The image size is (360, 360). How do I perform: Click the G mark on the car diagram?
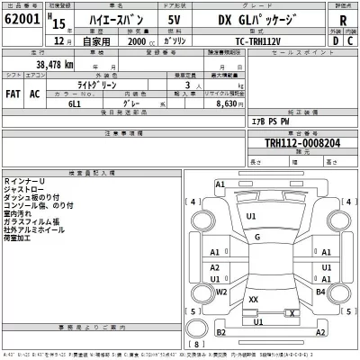(x=257, y=238)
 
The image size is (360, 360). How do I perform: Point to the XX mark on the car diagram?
(x=254, y=299)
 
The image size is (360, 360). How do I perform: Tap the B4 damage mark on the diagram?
(x=320, y=292)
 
